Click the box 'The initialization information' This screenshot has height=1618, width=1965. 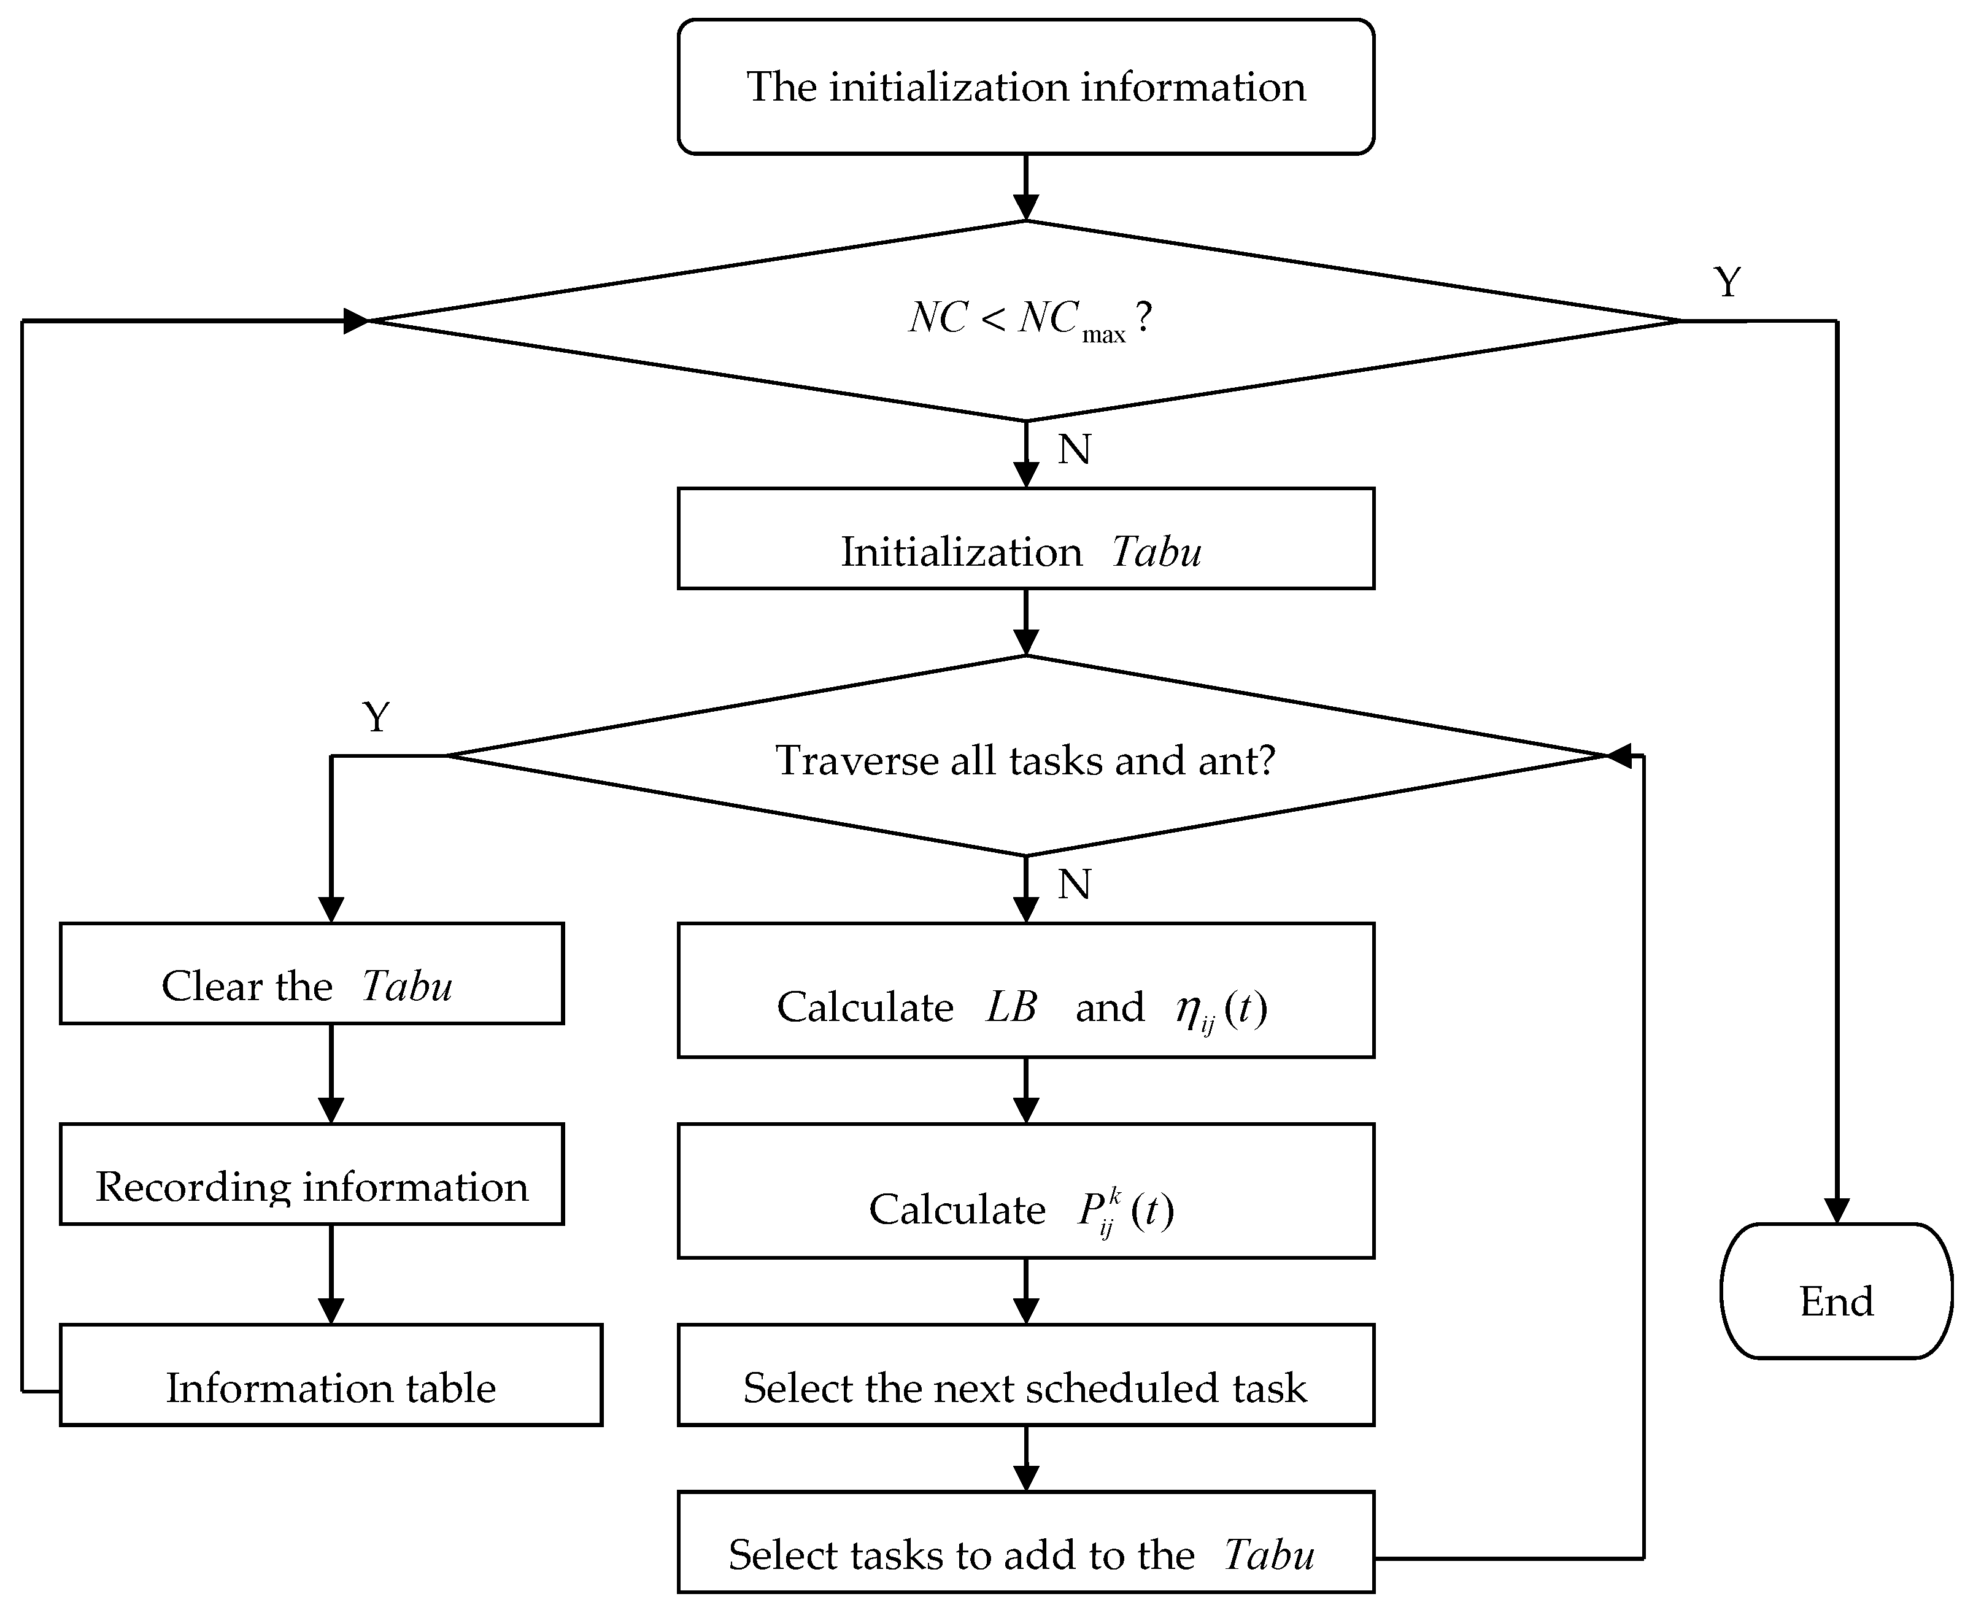pyautogui.click(x=1025, y=87)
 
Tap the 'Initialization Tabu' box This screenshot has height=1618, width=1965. pyautogui.click(x=1025, y=539)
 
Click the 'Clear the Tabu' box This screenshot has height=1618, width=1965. pyautogui.click(x=311, y=973)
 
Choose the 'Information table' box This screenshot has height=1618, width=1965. pyautogui.click(x=330, y=1375)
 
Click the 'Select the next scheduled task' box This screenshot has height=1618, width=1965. pyautogui.click(x=1025, y=1375)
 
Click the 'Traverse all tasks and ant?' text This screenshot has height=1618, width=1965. pyautogui.click(x=1025, y=760)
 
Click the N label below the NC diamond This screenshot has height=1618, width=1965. pyautogui.click(x=1074, y=449)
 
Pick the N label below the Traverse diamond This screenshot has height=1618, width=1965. pyautogui.click(x=1074, y=884)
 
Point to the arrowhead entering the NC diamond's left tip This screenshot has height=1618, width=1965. pyautogui.click(x=356, y=321)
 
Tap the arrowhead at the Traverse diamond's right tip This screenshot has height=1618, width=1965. pyautogui.click(x=1620, y=756)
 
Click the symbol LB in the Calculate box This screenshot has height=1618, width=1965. pyautogui.click(x=1011, y=1007)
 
